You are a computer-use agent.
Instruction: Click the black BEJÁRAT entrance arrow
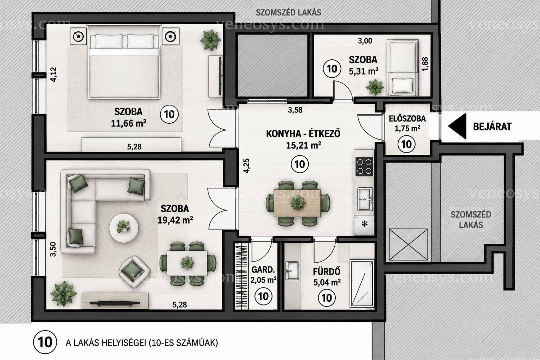point(457,126)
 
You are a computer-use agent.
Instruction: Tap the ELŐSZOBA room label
point(407,118)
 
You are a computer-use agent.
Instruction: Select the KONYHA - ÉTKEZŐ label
point(303,134)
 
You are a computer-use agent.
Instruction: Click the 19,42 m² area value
point(175,220)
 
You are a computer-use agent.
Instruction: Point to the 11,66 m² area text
point(128,123)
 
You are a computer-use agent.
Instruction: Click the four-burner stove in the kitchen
point(364,167)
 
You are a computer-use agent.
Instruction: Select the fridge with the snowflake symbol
point(364,225)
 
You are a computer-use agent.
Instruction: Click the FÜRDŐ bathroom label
point(327,272)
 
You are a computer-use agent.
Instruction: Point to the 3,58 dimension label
point(295,110)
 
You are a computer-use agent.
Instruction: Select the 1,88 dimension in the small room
point(425,64)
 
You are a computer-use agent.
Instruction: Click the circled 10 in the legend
point(45,343)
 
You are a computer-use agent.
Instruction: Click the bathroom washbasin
point(292,271)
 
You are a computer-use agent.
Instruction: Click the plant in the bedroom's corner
point(210,40)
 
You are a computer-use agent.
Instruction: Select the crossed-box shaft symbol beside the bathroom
point(409,245)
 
